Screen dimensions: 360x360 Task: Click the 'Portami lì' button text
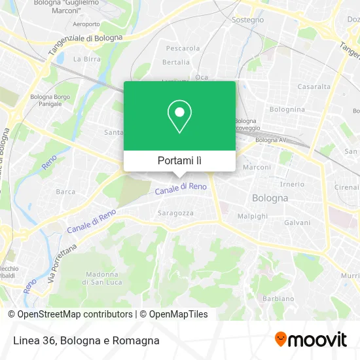[x=180, y=160]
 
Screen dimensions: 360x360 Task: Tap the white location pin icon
[x=180, y=117]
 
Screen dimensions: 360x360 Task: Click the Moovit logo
[x=311, y=340]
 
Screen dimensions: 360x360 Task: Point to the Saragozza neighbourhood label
[x=175, y=213]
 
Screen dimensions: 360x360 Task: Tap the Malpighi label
[x=252, y=215]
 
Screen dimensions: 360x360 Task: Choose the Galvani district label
[x=297, y=223]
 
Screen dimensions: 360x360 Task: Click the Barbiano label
[x=278, y=298]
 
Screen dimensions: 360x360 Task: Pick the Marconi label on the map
[x=257, y=168]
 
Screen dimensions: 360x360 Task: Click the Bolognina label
[x=287, y=109]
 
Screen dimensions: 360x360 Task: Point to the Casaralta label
[x=314, y=86]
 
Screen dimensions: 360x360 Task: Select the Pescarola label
[x=183, y=48]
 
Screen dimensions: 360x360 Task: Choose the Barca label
[x=65, y=192]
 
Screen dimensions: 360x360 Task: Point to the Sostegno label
[x=248, y=20]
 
